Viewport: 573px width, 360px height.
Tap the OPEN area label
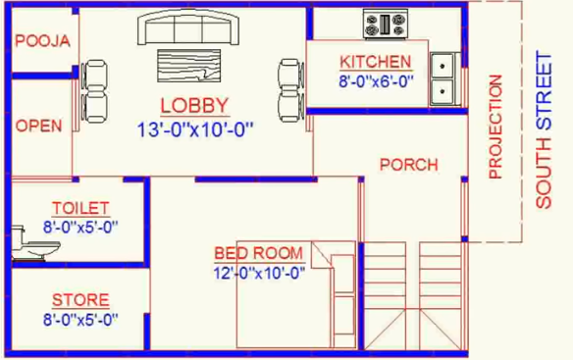click(x=38, y=126)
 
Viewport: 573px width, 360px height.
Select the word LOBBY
click(x=194, y=106)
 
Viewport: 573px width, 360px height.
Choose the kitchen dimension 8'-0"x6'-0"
click(x=375, y=82)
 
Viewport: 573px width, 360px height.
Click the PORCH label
click(x=408, y=165)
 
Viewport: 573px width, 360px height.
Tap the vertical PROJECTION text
click(x=495, y=127)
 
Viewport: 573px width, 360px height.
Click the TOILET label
click(x=80, y=208)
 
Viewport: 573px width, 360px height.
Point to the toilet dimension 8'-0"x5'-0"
click(x=80, y=227)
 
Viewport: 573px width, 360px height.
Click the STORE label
click(x=80, y=300)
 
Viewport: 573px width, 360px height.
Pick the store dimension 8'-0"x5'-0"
click(x=80, y=319)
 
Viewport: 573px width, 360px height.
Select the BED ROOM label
click(x=259, y=254)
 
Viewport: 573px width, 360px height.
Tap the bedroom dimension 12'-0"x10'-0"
click(x=259, y=274)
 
